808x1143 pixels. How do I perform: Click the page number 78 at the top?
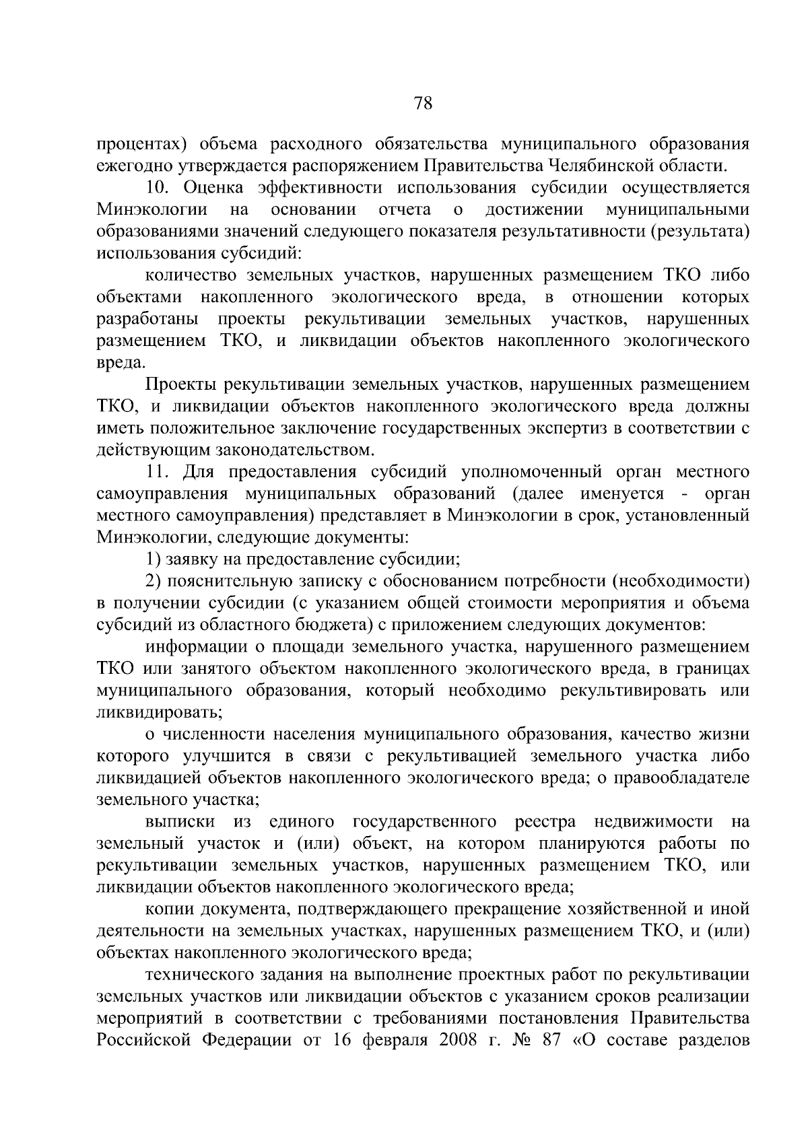(x=423, y=103)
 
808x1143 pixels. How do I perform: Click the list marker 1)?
(x=153, y=559)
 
